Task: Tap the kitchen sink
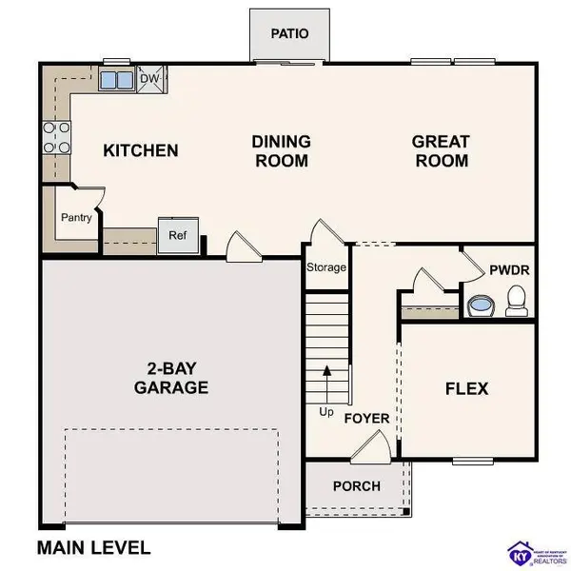click(117, 80)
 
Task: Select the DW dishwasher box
click(149, 80)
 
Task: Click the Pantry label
click(76, 218)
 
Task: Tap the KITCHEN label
click(141, 150)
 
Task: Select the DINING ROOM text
click(281, 150)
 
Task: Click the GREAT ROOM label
click(440, 150)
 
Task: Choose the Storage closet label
click(325, 267)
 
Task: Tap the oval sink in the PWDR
click(481, 305)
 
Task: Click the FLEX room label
click(466, 388)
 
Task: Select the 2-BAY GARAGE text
click(171, 377)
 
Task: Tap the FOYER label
click(366, 418)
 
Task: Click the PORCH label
click(356, 485)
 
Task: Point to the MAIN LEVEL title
click(93, 547)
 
